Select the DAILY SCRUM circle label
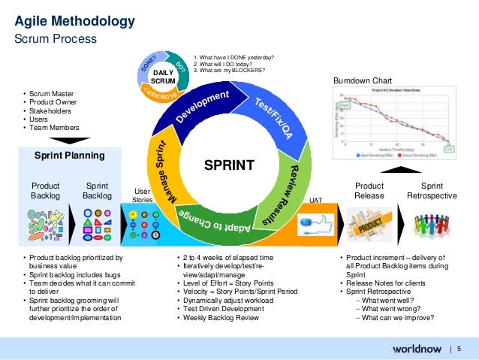(163, 76)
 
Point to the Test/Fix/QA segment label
(273, 119)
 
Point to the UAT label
(316, 201)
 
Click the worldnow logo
(415, 349)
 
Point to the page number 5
(458, 349)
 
